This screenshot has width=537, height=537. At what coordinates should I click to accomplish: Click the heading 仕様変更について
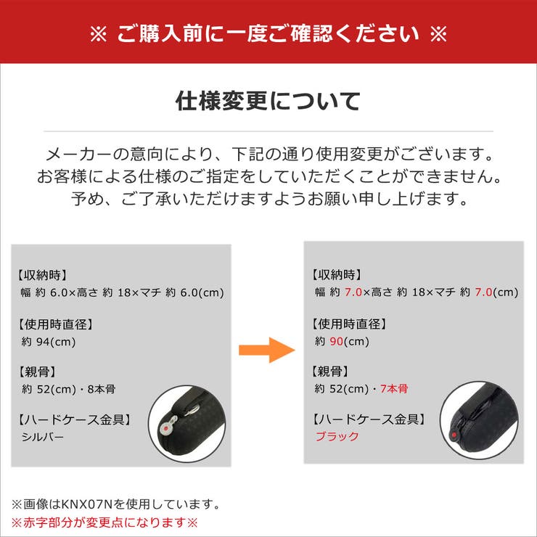268,102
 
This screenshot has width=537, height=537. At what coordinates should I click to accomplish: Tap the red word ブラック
337,436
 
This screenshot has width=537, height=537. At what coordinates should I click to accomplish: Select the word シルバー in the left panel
43,437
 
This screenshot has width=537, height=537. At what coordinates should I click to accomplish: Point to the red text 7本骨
395,389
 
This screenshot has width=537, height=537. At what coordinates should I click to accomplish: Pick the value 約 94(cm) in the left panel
49,341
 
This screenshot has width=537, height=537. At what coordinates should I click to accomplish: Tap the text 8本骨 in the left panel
101,389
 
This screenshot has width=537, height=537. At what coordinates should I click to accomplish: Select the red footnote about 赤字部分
104,522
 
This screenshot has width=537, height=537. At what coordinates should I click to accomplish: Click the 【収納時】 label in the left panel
42,275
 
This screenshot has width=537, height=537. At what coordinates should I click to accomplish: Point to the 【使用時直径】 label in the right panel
349,324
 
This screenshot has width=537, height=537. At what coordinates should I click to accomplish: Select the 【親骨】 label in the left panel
36,372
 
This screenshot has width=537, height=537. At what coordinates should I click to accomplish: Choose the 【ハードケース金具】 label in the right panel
368,419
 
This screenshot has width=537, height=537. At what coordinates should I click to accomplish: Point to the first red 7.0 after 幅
353,292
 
